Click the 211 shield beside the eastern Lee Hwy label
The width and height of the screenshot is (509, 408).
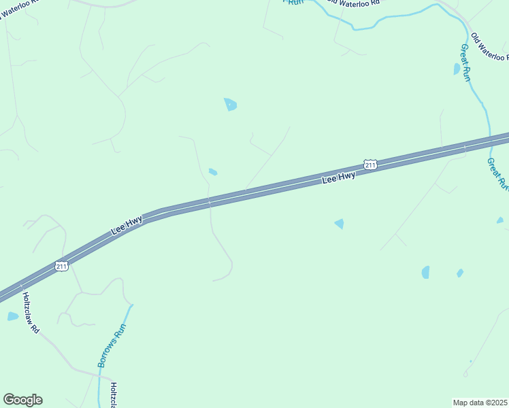pos(370,165)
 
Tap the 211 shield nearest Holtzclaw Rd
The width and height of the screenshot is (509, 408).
pos(62,267)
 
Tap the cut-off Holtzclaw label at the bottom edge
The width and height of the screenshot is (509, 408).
pos(115,394)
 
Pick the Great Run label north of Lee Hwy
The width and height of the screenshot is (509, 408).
pos(465,63)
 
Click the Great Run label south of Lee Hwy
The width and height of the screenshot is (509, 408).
pos(497,174)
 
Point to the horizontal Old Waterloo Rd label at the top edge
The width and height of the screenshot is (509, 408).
pos(352,3)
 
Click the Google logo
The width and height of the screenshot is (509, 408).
pos(22,400)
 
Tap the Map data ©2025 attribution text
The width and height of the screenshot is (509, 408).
pos(480,403)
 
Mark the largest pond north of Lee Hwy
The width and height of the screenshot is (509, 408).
pos(231,104)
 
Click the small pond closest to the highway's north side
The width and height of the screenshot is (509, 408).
pos(213,171)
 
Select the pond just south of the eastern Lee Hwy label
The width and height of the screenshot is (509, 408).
pos(339,223)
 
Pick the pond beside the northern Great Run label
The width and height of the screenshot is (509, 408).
pos(457,69)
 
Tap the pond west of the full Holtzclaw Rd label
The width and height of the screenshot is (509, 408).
pos(13,316)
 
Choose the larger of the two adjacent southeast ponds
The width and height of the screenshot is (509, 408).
pos(426,272)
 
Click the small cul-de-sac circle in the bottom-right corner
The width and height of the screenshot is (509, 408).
pos(465,375)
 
